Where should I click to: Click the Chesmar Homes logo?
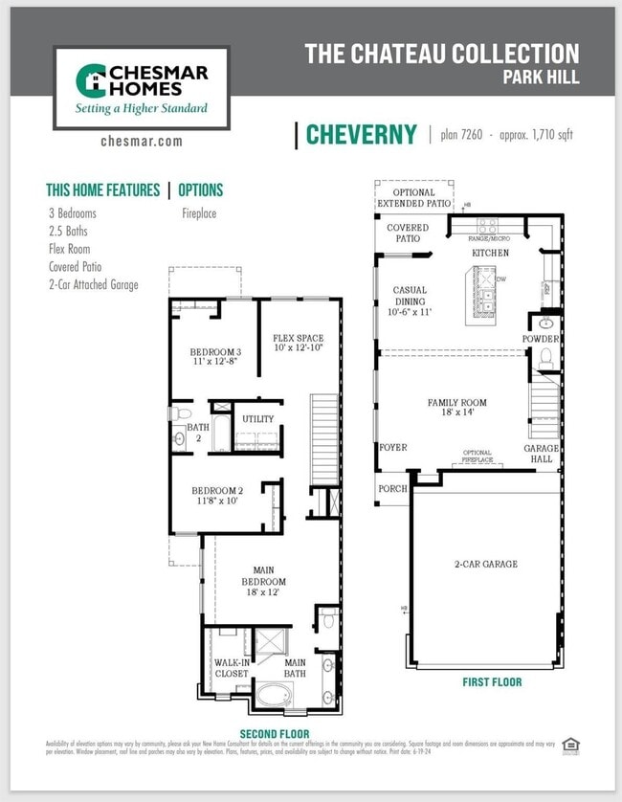(141, 88)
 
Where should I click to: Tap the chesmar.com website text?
(141, 142)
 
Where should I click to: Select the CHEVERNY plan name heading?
(361, 135)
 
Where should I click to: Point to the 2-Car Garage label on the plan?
(485, 564)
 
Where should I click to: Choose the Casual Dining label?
(410, 301)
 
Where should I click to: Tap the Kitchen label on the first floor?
(490, 253)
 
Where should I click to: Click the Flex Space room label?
(298, 344)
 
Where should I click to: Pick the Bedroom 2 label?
(217, 496)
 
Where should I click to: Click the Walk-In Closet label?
(231, 668)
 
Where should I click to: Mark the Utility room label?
(257, 419)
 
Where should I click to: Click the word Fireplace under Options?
(199, 213)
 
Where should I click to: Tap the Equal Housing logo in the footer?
(571, 746)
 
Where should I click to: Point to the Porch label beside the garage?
(392, 488)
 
